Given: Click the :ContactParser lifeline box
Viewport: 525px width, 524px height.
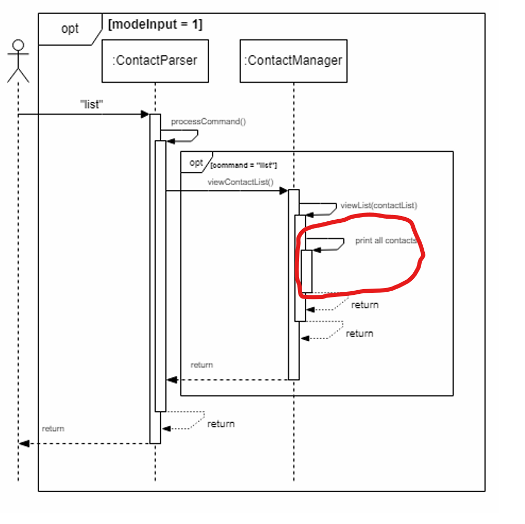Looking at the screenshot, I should coord(155,61).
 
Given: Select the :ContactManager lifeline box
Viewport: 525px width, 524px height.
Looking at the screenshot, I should coord(293,61).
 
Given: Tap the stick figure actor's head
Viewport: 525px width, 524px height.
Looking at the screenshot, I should coord(18,45).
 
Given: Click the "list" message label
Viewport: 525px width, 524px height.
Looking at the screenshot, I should coord(91,104).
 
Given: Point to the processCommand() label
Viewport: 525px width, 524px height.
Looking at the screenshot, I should coord(208,122).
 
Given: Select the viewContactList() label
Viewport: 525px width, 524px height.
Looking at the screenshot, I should coord(240,182).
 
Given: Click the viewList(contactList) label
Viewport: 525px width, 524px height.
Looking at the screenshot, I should coord(378,206).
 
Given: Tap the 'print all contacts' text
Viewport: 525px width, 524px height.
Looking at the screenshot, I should coord(386,241).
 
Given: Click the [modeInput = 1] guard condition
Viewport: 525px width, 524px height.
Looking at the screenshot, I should coord(155,25).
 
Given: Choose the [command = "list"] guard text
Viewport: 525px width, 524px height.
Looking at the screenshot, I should coord(244,165).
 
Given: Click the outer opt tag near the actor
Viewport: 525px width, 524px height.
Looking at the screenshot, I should coord(70,29).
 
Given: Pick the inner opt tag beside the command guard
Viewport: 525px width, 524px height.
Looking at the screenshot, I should coord(196,163).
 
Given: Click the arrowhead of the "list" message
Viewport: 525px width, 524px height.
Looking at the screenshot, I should coord(146,114).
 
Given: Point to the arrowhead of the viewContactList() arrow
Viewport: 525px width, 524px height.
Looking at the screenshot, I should coord(284,191).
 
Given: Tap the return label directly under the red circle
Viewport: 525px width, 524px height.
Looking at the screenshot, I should coord(365,305).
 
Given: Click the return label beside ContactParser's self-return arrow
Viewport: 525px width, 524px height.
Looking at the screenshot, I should coord(221,424).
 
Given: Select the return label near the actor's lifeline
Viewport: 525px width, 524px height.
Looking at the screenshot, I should coord(53,428).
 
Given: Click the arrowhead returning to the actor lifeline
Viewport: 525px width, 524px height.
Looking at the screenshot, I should coord(22,444).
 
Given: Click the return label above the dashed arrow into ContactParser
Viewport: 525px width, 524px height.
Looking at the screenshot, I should coord(201,365).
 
